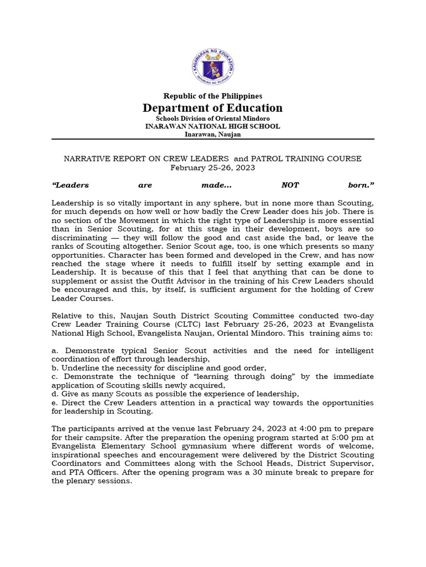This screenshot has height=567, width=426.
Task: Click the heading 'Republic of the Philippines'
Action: tap(212, 96)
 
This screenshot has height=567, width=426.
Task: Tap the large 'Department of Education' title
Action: tap(212, 108)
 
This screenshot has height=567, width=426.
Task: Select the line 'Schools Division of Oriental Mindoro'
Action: tap(212, 118)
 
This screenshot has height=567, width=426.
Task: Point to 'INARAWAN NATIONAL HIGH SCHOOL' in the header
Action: tap(212, 126)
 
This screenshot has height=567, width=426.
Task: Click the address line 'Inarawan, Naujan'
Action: tap(212, 134)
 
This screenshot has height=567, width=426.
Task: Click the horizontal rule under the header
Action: tap(212, 139)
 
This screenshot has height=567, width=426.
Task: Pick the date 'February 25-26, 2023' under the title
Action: tap(212, 168)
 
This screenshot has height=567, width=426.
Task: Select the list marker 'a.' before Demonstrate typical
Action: tap(55, 351)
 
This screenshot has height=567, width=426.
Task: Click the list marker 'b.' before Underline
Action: tap(55, 368)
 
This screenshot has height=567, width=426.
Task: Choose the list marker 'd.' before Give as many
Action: tap(55, 394)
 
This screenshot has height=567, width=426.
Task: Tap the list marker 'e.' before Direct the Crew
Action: tap(55, 403)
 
